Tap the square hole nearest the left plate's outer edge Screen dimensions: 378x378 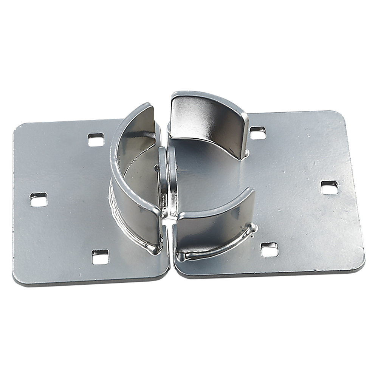pyautogui.click(x=39, y=199)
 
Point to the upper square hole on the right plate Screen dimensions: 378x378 pyautogui.click(x=258, y=133)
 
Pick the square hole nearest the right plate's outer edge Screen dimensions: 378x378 pyautogui.click(x=329, y=187)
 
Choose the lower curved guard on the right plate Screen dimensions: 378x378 pyautogui.click(x=215, y=223)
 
